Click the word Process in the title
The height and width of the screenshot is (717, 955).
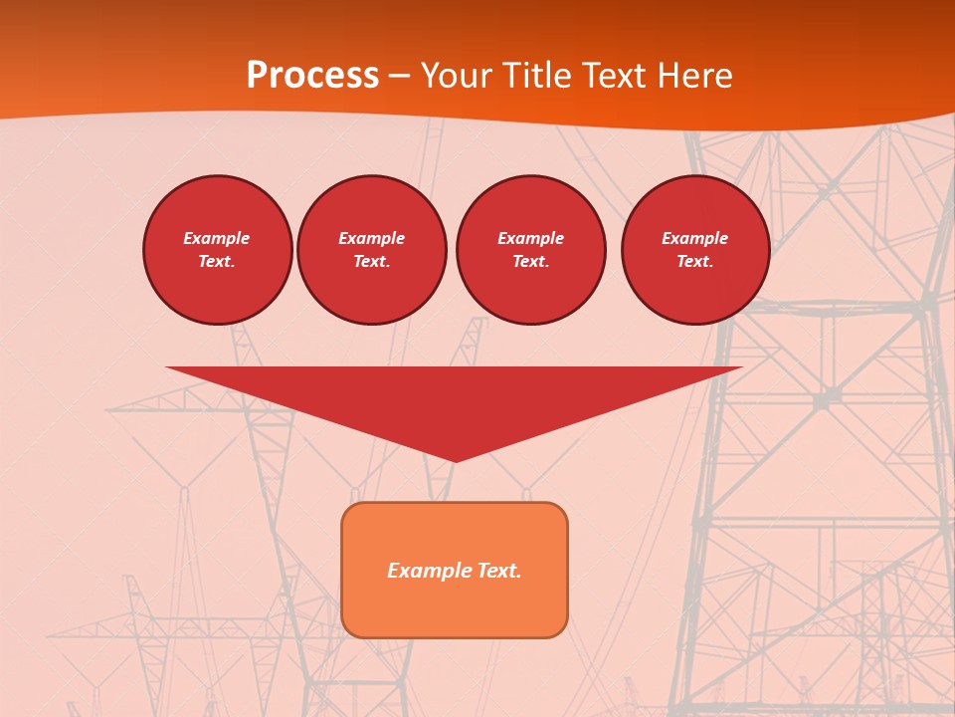point(312,76)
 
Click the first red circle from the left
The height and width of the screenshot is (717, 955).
point(218,250)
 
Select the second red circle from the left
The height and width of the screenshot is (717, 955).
point(372,250)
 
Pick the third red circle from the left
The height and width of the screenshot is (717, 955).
point(530,250)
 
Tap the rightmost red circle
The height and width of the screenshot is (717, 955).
point(695,250)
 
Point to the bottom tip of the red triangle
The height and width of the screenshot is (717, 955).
point(455,461)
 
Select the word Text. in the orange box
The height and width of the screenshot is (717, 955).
point(498,571)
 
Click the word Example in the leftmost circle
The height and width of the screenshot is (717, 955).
point(217,238)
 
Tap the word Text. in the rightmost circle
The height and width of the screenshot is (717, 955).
point(695,262)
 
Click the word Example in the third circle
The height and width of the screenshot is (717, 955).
point(530,238)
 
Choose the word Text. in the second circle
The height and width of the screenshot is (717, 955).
point(372,262)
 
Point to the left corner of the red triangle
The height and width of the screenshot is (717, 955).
point(167,367)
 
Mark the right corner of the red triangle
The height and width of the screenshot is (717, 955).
point(741,367)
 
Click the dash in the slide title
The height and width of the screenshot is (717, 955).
point(399,77)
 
